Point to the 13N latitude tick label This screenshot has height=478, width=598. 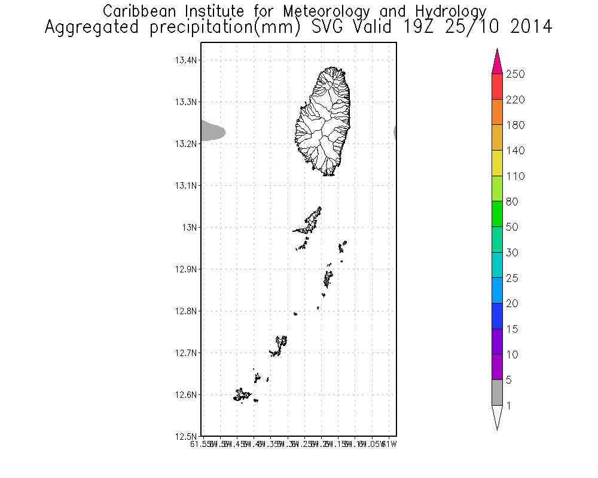pyautogui.click(x=191, y=228)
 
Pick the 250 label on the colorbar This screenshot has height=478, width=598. pyautogui.click(x=515, y=74)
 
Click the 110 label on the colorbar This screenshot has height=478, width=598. pyautogui.click(x=515, y=176)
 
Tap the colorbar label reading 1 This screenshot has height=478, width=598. pyautogui.click(x=509, y=406)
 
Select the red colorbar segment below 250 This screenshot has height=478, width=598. pyautogui.click(x=497, y=87)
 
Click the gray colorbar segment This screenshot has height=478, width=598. pyautogui.click(x=497, y=393)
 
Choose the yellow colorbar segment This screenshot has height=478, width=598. pyautogui.click(x=497, y=163)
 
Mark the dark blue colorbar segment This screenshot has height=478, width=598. pyautogui.click(x=497, y=316)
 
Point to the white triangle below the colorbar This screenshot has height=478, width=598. pyautogui.click(x=497, y=416)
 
